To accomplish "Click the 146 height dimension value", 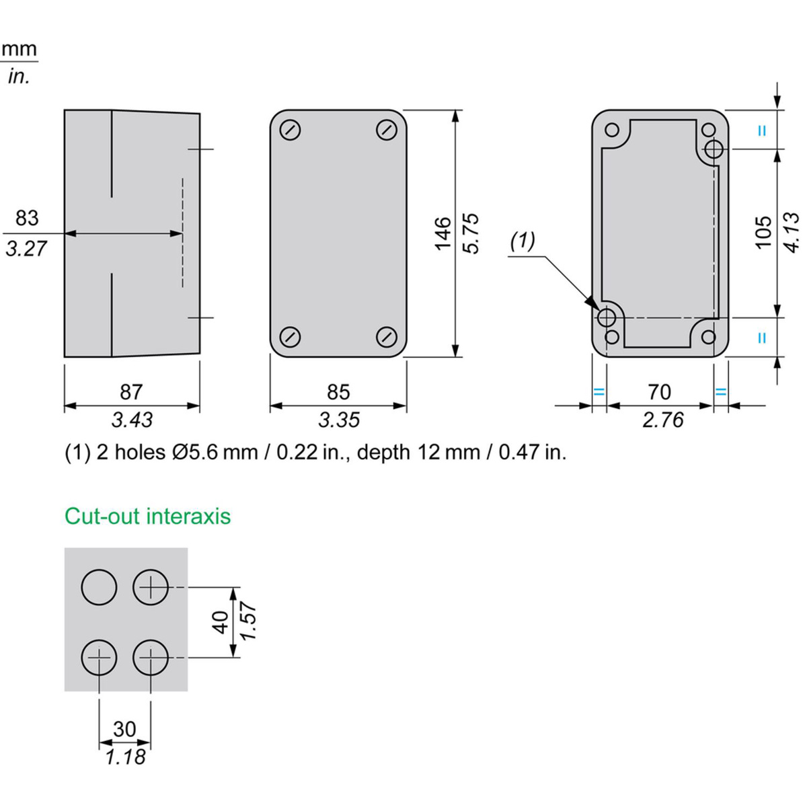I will pos(443,233).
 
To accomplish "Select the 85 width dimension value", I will pos(338,391).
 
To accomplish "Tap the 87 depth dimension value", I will pos(131,391).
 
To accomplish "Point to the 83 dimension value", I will pos(27,218).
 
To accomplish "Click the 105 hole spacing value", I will pos(763,232).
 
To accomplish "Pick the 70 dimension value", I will pos(659,391).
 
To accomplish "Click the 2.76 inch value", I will pos(662,420).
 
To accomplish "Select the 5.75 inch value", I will pos(471,233).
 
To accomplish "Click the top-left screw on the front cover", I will pos(291,130).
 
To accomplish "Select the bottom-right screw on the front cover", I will pos(386,336).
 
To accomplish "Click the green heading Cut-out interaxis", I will pos(147,516).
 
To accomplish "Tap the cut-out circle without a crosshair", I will pos(99,587).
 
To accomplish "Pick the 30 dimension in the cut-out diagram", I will pos(124,728).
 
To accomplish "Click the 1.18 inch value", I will pos(125,757).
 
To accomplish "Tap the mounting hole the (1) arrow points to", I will pos(607,317).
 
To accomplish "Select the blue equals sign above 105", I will pos(761,131).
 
